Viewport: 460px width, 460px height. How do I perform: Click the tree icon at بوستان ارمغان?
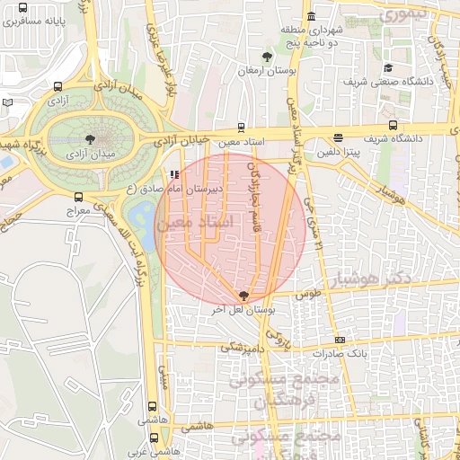pos(266,57)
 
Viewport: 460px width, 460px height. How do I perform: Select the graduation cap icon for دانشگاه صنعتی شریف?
pos(388,67)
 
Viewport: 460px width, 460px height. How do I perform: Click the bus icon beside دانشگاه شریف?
pos(393,126)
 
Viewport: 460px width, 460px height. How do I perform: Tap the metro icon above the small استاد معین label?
pos(240,128)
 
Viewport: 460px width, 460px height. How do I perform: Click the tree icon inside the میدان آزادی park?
pos(89,139)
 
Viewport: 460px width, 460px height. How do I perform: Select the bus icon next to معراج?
pos(78,197)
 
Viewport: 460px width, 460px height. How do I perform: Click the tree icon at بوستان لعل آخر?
pos(244,295)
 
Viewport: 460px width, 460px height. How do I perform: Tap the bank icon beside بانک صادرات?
pos(340,340)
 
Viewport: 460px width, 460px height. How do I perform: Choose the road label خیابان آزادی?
pos(182,141)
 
